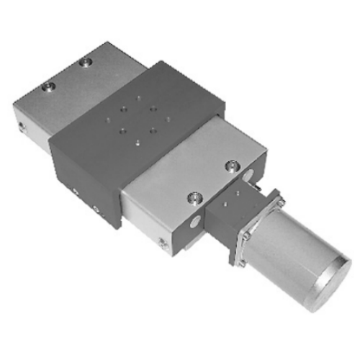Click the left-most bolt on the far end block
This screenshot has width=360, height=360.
click(48, 87)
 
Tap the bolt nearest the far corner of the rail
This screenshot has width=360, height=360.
click(86, 63)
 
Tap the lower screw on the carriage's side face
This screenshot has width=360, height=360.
click(96, 210)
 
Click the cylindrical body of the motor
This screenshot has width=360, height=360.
click(288, 252)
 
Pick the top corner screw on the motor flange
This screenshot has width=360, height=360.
click(280, 201)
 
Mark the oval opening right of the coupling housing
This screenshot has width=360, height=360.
click(248, 176)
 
